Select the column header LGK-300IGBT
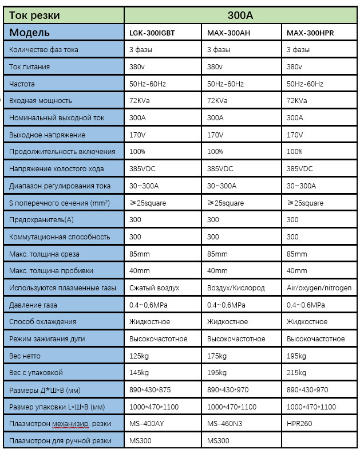[x=152, y=33]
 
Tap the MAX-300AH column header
[x=228, y=33]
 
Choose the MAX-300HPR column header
[x=310, y=33]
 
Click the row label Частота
[x=22, y=84]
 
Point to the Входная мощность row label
[x=41, y=101]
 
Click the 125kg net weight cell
[x=139, y=356]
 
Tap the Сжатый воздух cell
[x=155, y=287]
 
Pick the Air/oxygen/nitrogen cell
[x=319, y=287]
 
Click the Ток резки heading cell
[x=34, y=15]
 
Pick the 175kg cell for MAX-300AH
[x=216, y=356]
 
